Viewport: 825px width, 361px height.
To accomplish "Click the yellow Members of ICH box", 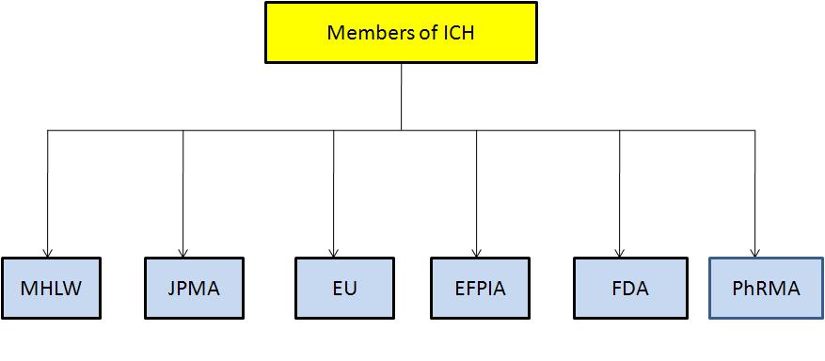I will (x=401, y=33).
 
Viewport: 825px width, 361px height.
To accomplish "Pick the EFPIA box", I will (x=479, y=288).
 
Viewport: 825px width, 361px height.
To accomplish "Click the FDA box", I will (x=622, y=288).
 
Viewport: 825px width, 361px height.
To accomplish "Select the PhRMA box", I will (x=765, y=288).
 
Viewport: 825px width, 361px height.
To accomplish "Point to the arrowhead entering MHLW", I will (x=47, y=250).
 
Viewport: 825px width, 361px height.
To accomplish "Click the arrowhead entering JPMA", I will (x=182, y=250).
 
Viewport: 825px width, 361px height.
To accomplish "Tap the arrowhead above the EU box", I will (x=334, y=250).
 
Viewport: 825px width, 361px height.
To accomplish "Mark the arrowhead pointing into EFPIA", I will (x=477, y=250).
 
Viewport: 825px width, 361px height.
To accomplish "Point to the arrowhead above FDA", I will (x=620, y=250).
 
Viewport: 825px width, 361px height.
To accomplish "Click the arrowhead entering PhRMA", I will (x=754, y=250).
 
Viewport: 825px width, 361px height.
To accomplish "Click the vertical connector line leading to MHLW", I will (x=47, y=188).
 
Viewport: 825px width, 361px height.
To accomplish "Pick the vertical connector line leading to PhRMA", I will (x=754, y=188).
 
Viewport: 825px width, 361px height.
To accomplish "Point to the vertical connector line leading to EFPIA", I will (x=477, y=188).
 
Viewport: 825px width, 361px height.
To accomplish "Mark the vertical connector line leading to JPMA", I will (x=182, y=188).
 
